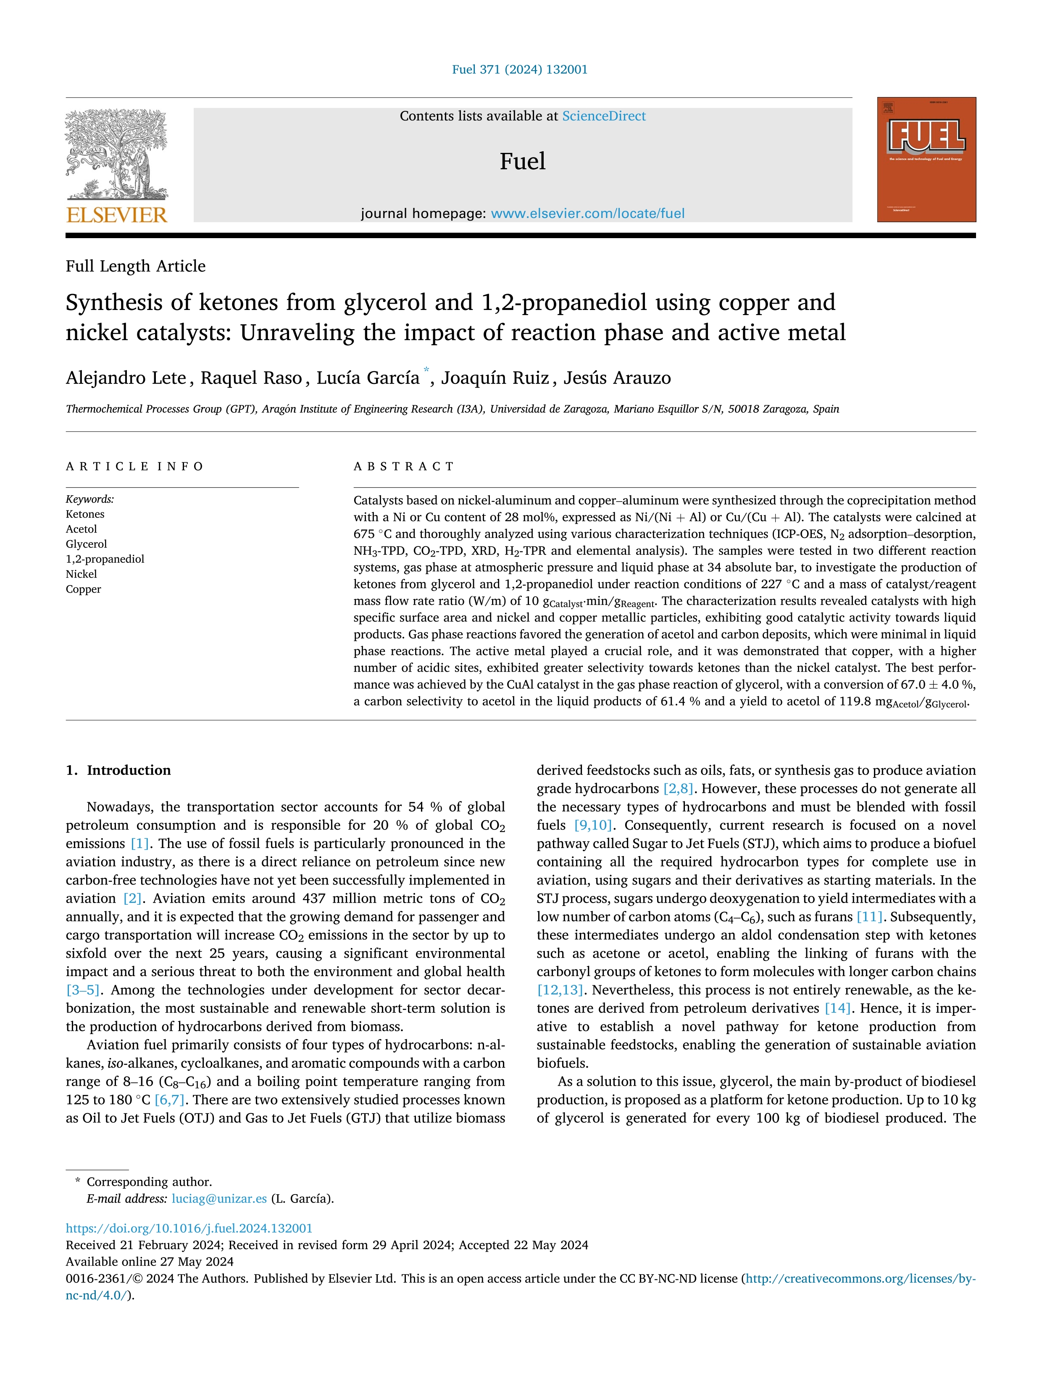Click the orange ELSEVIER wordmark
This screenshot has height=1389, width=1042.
tap(117, 215)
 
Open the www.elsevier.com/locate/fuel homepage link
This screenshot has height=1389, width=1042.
tap(587, 213)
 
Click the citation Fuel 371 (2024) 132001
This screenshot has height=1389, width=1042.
tap(520, 70)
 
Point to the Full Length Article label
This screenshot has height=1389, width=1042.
tap(136, 266)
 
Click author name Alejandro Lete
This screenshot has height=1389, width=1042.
tap(126, 378)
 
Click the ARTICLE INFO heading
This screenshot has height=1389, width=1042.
tap(134, 466)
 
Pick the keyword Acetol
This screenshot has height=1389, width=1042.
tap(82, 529)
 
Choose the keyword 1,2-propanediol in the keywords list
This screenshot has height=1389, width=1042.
tap(105, 559)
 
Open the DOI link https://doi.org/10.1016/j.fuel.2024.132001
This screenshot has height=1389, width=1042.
tap(189, 1228)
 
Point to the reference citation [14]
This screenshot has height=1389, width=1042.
tap(837, 1008)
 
